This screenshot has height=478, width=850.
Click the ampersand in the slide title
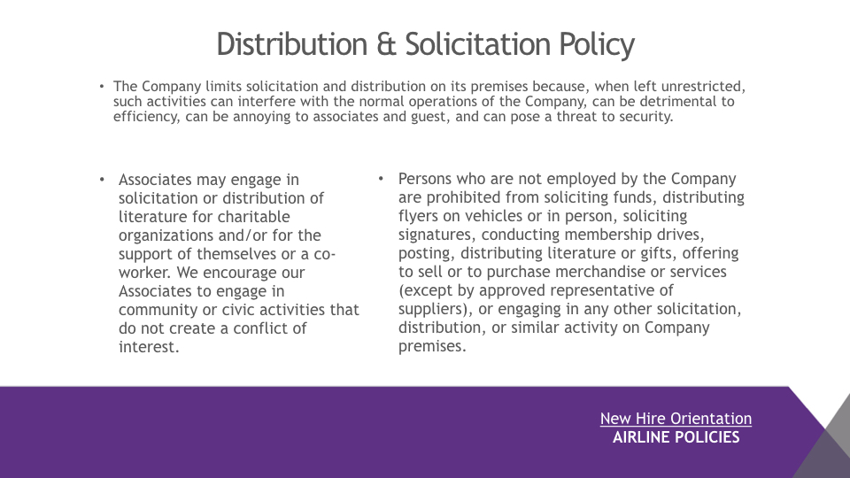coord(387,44)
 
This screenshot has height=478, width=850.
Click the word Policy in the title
coord(597,45)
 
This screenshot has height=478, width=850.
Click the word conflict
coord(258,328)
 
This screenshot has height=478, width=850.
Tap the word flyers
coord(419,216)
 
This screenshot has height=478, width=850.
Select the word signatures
coord(437,235)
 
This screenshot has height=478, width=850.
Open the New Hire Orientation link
coord(676,419)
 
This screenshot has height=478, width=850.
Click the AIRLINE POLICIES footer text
coord(676,437)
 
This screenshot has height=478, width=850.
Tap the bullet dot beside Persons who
coord(381,178)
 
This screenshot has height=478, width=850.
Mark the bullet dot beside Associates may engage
coord(102,180)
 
